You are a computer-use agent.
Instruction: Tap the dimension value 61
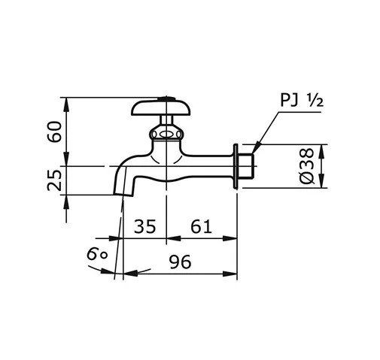coord(201,226)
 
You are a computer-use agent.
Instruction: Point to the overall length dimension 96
coord(179,262)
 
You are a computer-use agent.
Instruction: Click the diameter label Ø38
coord(306,167)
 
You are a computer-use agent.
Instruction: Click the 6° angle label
coord(96,255)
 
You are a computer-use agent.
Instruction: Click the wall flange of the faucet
coord(237,166)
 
